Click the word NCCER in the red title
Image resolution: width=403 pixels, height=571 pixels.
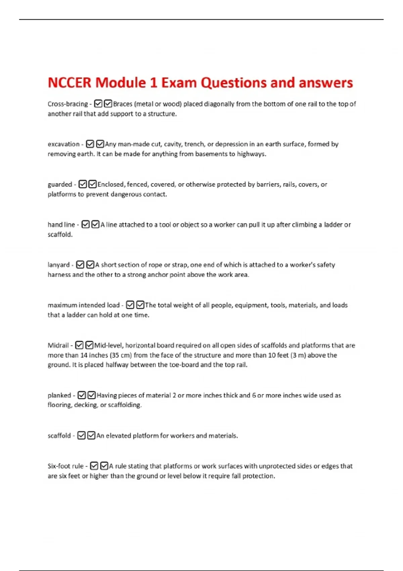coord(69,83)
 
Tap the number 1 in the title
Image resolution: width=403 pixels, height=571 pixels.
coord(153,83)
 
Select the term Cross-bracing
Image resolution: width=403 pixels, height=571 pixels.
coord(68,104)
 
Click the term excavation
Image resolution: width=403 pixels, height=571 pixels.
coord(63,144)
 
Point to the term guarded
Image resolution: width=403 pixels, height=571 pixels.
coord(60,184)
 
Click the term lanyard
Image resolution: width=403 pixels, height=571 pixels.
coord(58,265)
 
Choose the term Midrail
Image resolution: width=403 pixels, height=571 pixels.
coord(58,345)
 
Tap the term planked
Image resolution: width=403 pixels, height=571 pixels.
coord(59,395)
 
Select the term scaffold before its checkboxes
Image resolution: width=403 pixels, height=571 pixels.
coord(59,436)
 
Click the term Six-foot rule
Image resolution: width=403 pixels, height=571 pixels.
coord(65,466)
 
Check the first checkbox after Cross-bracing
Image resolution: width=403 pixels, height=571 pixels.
coord(98,104)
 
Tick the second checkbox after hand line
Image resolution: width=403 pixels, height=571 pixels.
coord(95,224)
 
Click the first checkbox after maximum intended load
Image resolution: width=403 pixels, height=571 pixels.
coord(130,305)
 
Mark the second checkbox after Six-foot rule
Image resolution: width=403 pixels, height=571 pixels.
coord(104,466)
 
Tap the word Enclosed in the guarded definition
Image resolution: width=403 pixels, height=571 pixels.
coord(110,184)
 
